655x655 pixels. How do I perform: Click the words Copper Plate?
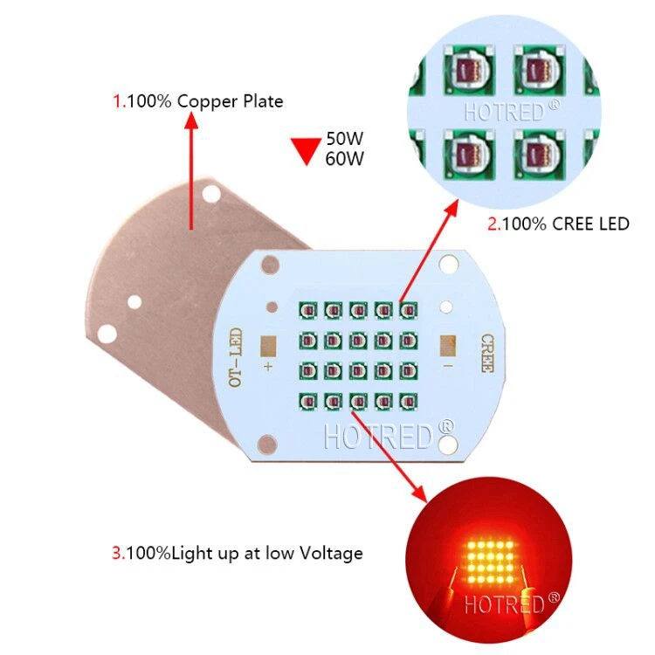230,101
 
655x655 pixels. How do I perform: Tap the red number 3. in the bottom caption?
118,553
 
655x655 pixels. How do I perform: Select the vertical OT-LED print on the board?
234,358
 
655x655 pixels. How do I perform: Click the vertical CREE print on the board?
486,353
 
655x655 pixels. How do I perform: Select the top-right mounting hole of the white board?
449,262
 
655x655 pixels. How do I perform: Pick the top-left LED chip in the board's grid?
307,310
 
